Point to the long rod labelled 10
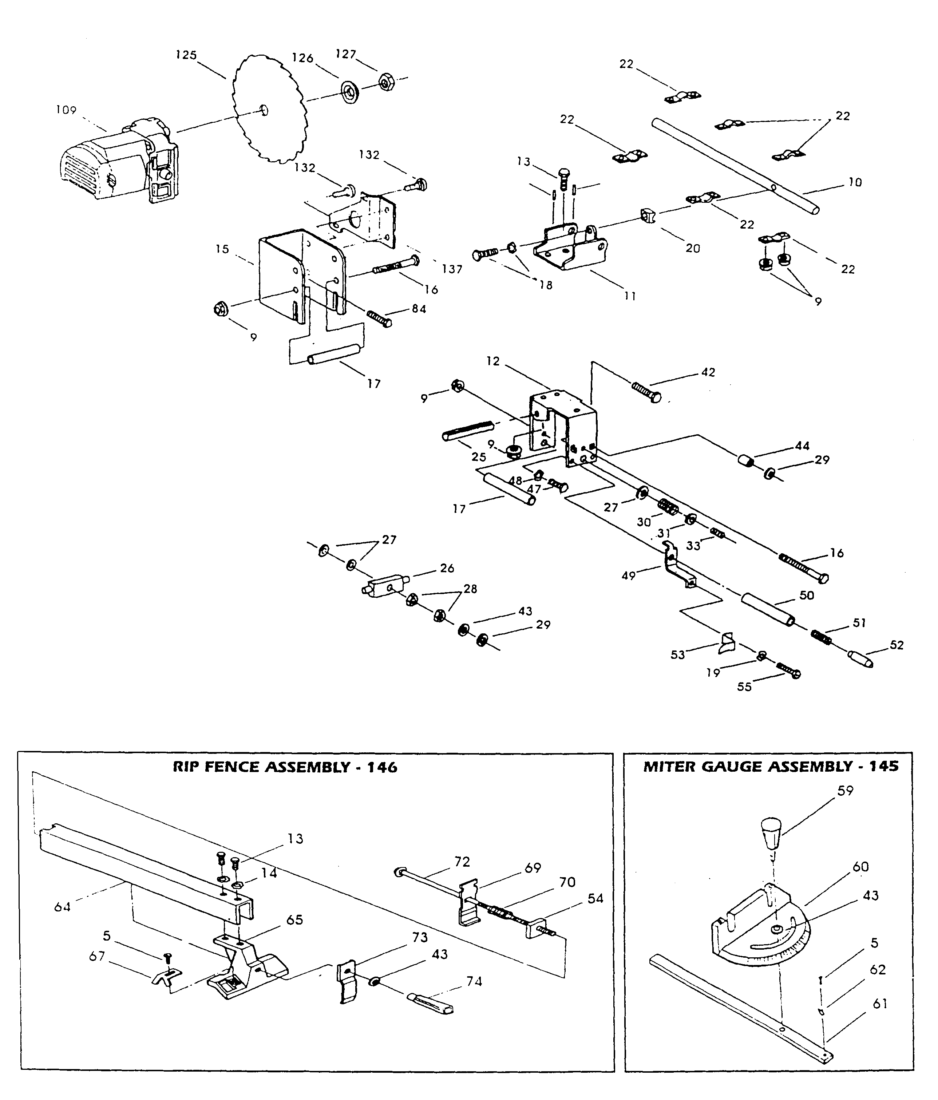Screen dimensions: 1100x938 [733, 165]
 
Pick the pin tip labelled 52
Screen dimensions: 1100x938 [860, 659]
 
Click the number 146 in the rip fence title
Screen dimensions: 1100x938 [382, 767]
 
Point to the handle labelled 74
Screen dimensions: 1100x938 [430, 1004]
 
